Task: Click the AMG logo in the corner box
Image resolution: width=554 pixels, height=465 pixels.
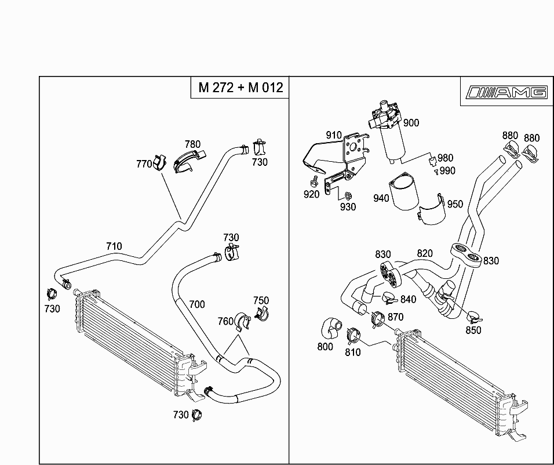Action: point(506,92)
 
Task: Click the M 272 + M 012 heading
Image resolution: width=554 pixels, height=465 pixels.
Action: point(240,88)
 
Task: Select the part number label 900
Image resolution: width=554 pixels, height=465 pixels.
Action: point(411,123)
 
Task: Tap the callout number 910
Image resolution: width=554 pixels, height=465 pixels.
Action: point(334,135)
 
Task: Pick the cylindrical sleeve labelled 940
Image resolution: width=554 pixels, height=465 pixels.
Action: point(403,191)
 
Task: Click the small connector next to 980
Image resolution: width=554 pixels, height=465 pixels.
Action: point(432,161)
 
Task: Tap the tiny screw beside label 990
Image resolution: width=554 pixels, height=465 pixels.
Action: point(437,172)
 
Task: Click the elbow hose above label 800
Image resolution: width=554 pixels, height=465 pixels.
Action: point(331,329)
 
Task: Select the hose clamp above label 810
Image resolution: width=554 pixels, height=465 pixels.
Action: point(353,336)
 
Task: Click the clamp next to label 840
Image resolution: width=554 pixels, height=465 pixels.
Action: point(389,298)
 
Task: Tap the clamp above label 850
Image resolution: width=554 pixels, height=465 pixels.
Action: point(474,317)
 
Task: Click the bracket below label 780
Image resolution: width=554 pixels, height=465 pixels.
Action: point(188,162)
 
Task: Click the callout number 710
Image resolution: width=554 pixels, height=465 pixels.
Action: point(114,246)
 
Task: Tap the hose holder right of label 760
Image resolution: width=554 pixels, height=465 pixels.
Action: point(243,321)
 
